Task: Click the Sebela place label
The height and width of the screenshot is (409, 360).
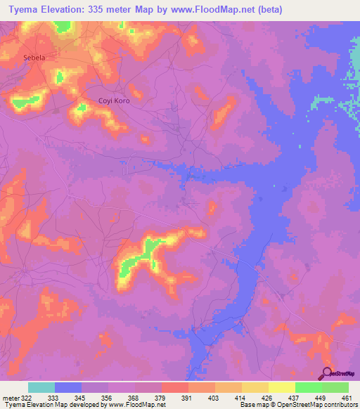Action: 34,58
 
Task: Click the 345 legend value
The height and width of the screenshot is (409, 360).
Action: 70,398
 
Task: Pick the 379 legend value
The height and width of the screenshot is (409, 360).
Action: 149,398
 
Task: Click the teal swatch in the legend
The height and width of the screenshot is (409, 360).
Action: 41,387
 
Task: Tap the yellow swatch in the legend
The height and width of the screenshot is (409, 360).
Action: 281,387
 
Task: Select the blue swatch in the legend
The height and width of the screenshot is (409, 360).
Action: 68,387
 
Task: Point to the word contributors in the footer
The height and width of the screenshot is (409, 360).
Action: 340,405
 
